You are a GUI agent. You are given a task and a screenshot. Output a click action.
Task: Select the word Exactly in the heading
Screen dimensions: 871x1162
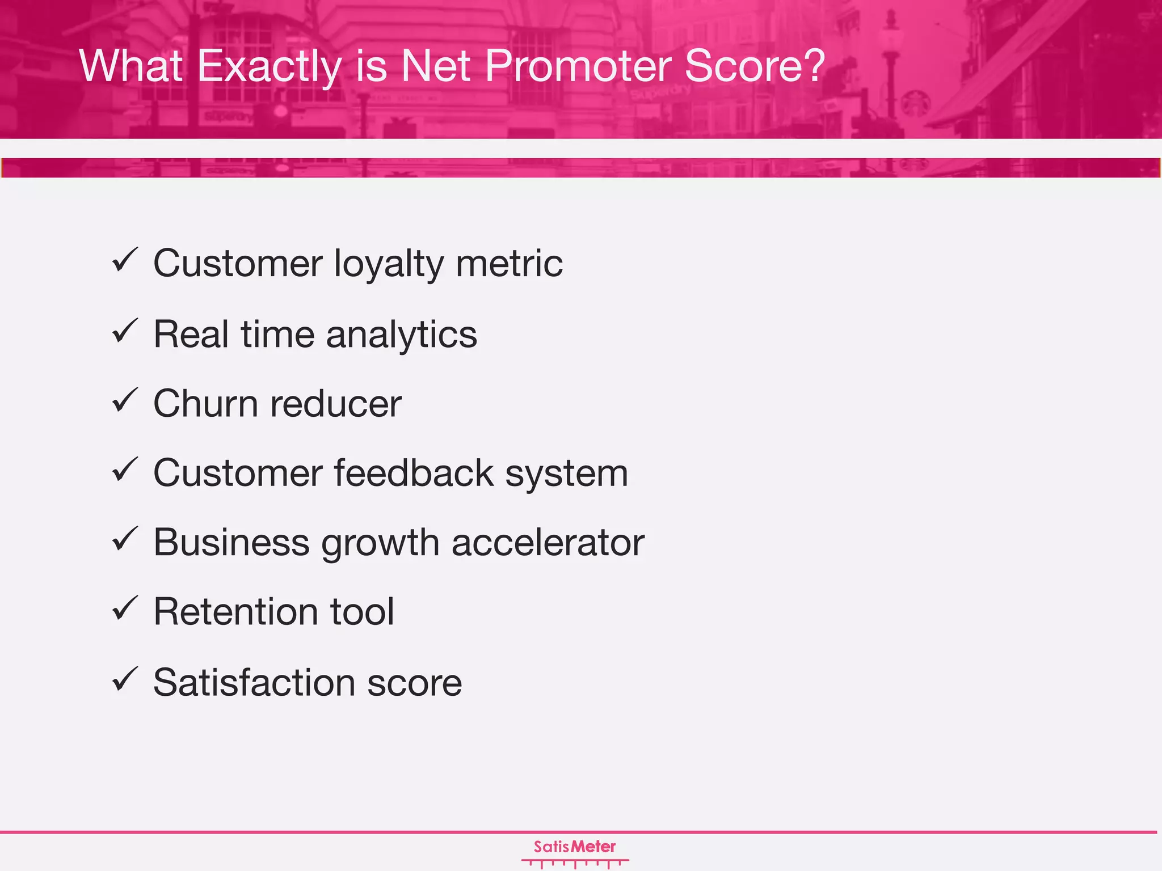click(270, 66)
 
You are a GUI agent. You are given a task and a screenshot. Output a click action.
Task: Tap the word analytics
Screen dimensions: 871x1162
click(401, 335)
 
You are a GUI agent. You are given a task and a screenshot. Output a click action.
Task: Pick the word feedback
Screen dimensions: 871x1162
click(414, 473)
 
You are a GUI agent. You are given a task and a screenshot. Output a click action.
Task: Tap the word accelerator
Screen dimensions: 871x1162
click(548, 543)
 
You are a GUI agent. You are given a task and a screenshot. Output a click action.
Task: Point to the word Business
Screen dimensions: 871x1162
click(231, 543)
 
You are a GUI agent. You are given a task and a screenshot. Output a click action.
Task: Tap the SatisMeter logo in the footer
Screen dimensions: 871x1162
click(575, 852)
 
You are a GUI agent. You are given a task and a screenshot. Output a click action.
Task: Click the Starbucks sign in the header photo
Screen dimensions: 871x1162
click(913, 104)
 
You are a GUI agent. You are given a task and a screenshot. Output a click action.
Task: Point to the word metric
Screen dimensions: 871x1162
click(509, 264)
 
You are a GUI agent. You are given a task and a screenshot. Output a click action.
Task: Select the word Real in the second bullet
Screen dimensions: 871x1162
click(191, 335)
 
